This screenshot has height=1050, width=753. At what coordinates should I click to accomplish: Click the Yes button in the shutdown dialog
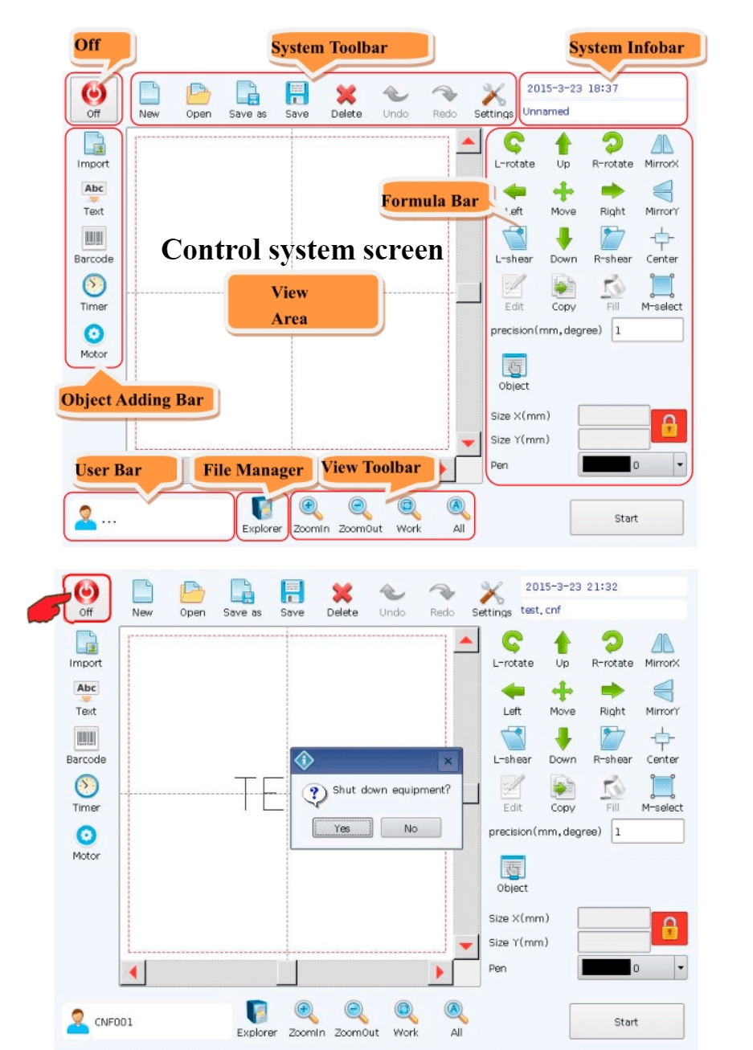tap(342, 828)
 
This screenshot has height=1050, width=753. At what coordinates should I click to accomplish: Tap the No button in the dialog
tap(411, 828)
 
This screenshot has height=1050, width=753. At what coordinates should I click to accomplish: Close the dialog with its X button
tap(448, 761)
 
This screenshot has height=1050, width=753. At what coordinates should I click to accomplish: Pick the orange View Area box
tap(303, 304)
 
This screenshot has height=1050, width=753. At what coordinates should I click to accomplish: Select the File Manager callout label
tap(253, 470)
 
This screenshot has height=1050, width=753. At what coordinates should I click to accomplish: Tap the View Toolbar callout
tap(375, 468)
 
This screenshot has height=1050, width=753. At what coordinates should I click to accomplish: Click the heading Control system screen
tap(302, 249)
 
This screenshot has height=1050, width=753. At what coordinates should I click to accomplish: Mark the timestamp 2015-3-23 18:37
tap(572, 88)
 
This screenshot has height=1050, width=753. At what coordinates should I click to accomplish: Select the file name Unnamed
tap(546, 112)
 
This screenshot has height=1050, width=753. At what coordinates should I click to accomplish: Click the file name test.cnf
tap(540, 610)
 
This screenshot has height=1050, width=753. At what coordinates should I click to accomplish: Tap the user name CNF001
tap(113, 1022)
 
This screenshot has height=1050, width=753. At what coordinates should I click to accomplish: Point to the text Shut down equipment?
tap(391, 790)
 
